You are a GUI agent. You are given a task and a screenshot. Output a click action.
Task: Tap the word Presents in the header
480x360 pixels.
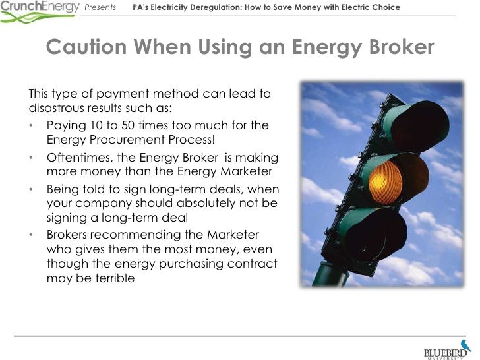101,7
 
